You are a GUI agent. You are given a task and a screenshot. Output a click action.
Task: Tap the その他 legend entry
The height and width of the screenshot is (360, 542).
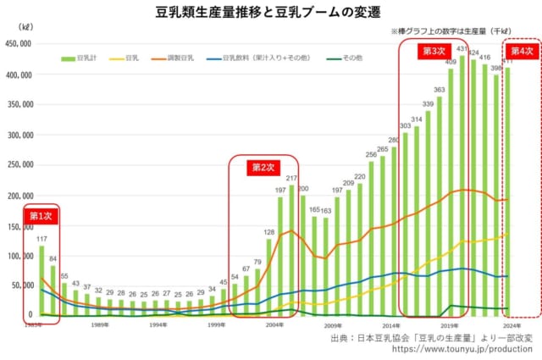352,59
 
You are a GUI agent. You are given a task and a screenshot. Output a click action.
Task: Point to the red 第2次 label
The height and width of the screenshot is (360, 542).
263,167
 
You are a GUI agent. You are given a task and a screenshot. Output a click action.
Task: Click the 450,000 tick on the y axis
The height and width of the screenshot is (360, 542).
19,45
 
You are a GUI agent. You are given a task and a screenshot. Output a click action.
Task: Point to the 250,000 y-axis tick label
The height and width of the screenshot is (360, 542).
19,165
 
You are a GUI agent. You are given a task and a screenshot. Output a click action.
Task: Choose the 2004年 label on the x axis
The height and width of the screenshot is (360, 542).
274,324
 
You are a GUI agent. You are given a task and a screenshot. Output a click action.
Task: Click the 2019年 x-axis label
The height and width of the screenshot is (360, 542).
449,324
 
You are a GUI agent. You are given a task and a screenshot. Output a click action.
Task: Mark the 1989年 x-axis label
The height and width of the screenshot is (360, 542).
100,324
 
